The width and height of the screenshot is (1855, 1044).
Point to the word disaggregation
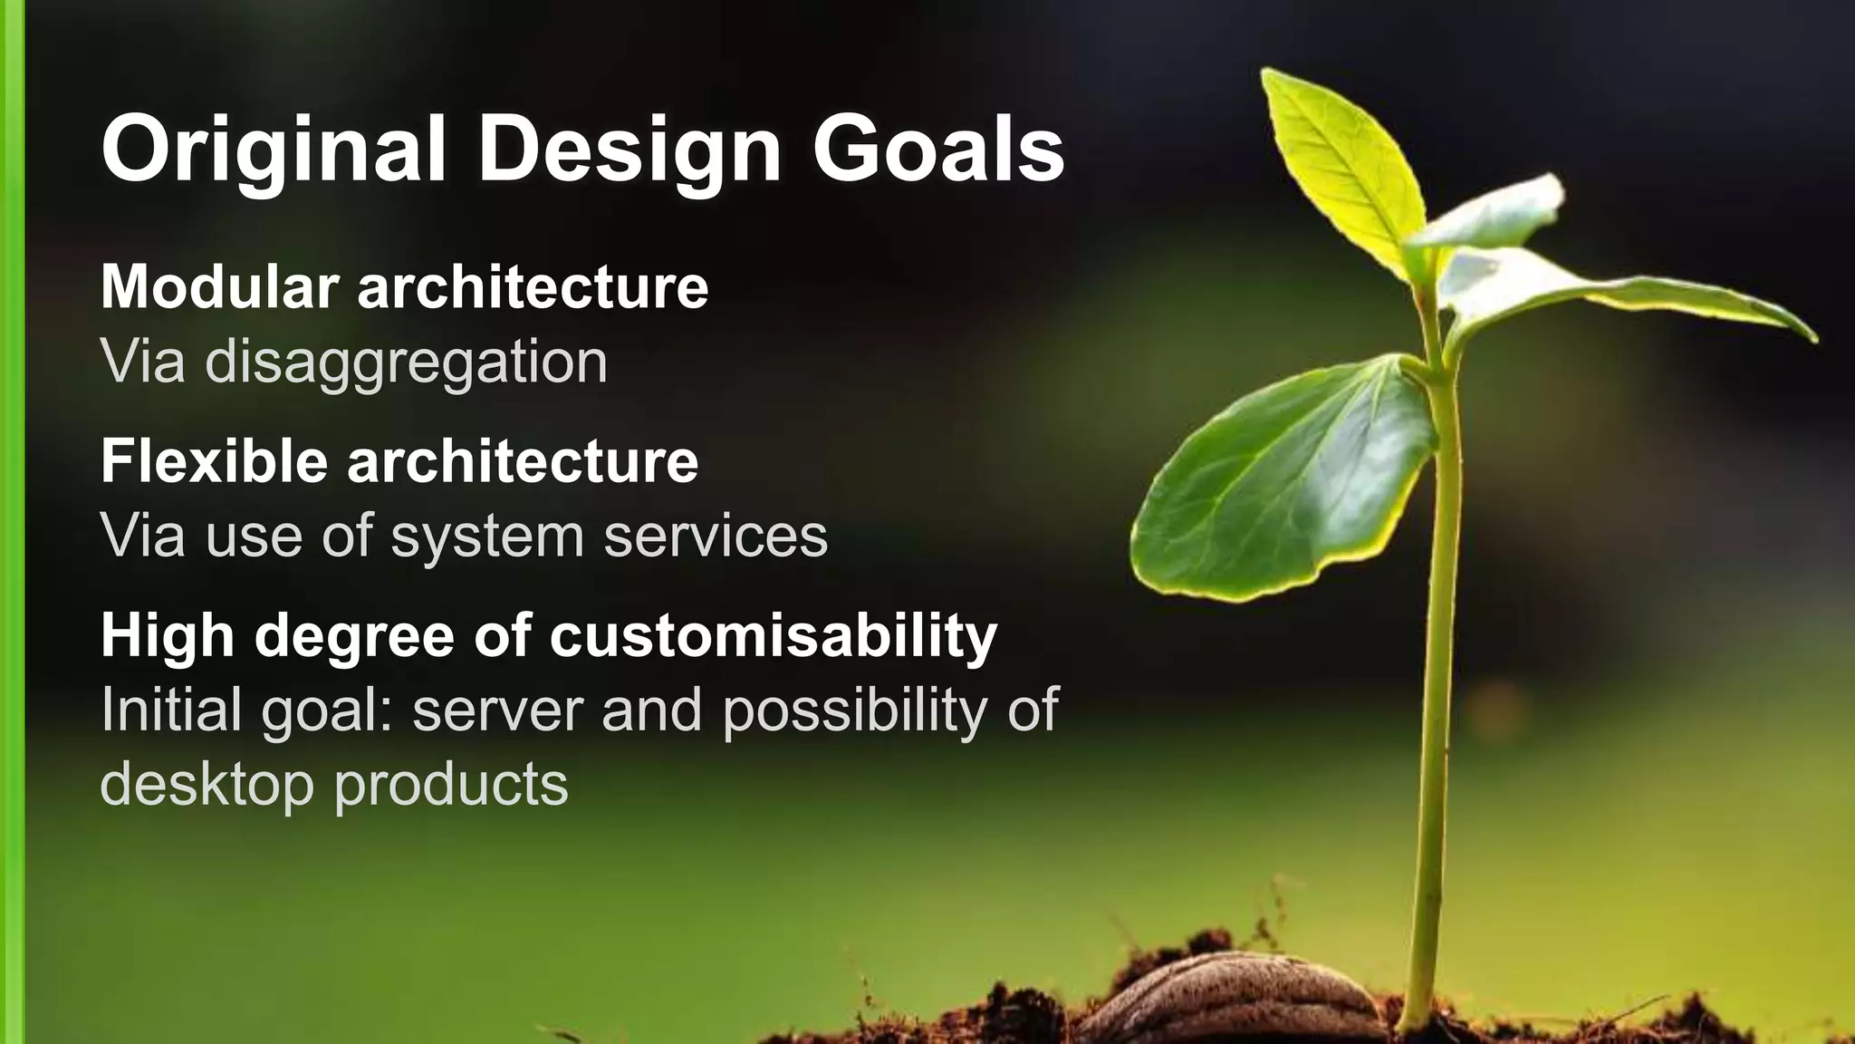[406, 362]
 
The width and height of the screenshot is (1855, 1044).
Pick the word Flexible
[215, 461]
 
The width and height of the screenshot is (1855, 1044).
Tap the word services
[716, 536]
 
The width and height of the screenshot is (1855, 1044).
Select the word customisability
[773, 636]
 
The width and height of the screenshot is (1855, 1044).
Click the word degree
[354, 636]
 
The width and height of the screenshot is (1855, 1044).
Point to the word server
[498, 710]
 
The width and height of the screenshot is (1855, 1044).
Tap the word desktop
[207, 784]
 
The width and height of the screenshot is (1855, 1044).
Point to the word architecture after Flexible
[523, 461]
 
